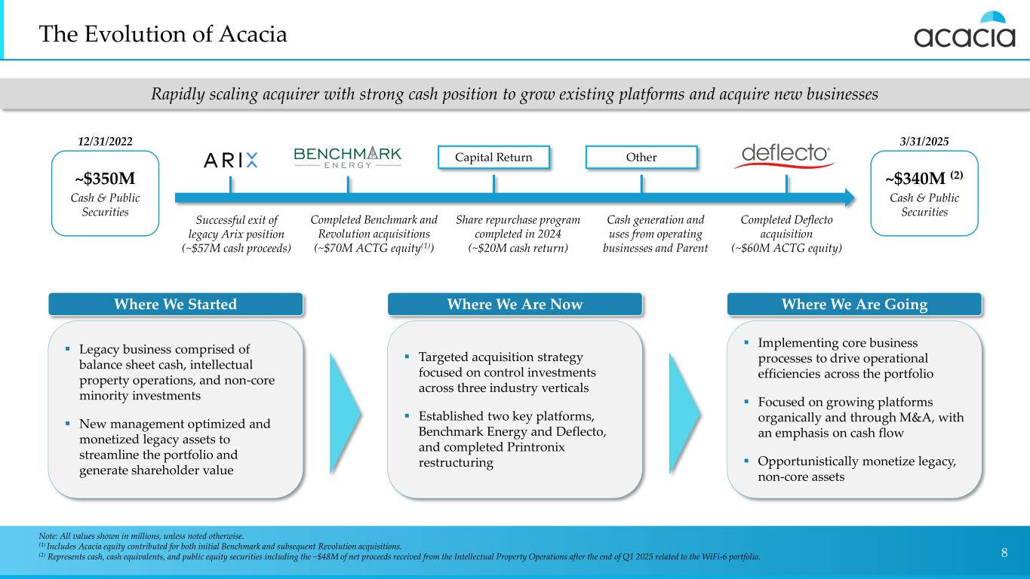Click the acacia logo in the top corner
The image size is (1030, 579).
[x=964, y=31]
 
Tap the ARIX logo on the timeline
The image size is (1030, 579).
[x=231, y=160]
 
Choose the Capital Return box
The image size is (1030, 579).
[x=493, y=158]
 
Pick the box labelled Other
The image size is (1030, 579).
[x=641, y=158]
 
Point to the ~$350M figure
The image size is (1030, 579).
[x=105, y=179]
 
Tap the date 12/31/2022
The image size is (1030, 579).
[x=105, y=141]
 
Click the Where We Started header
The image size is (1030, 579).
[x=175, y=305]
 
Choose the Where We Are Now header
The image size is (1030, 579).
[x=515, y=305]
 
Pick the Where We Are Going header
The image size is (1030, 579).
[x=854, y=305]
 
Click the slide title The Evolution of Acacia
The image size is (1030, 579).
[x=164, y=35]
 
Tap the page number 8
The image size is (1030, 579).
[x=1004, y=553]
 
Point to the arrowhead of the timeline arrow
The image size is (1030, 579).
[x=850, y=198]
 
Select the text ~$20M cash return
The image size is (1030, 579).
[x=518, y=248]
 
